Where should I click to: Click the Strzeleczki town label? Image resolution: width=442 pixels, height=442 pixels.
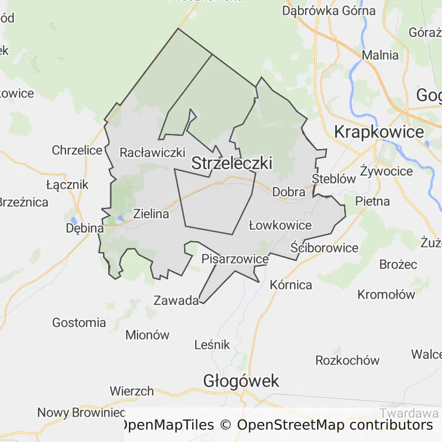pyautogui.click(x=231, y=163)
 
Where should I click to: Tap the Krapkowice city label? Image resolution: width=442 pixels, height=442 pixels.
pyautogui.click(x=379, y=132)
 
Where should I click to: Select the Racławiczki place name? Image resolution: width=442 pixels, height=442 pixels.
pyautogui.click(x=153, y=153)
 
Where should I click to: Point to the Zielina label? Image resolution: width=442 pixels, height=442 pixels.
pyautogui.click(x=151, y=214)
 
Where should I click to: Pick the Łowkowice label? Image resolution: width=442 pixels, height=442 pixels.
pyautogui.click(x=280, y=225)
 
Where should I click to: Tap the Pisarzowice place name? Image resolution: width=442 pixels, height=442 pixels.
pyautogui.click(x=235, y=259)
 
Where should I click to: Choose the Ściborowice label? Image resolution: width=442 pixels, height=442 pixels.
pyautogui.click(x=325, y=248)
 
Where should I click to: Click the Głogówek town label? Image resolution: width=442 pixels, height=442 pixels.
pyautogui.click(x=241, y=380)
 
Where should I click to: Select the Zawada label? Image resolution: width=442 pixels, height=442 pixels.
pyautogui.click(x=176, y=300)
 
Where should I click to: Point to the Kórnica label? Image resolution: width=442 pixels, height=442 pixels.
pyautogui.click(x=291, y=285)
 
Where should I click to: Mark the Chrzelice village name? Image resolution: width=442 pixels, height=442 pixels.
pyautogui.click(x=77, y=150)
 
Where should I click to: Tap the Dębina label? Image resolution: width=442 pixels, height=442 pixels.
pyautogui.click(x=84, y=228)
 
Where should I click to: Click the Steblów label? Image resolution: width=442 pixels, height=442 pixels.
pyautogui.click(x=334, y=179)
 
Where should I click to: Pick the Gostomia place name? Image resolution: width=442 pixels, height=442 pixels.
pyautogui.click(x=79, y=322)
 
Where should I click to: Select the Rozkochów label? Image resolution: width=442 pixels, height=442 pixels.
pyautogui.click(x=348, y=360)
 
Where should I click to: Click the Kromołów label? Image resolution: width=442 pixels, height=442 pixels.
pyautogui.click(x=386, y=295)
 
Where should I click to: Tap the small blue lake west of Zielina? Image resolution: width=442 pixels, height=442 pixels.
pyautogui.click(x=120, y=218)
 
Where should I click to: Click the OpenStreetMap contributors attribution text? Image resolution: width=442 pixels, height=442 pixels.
pyautogui.click(x=335, y=425)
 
